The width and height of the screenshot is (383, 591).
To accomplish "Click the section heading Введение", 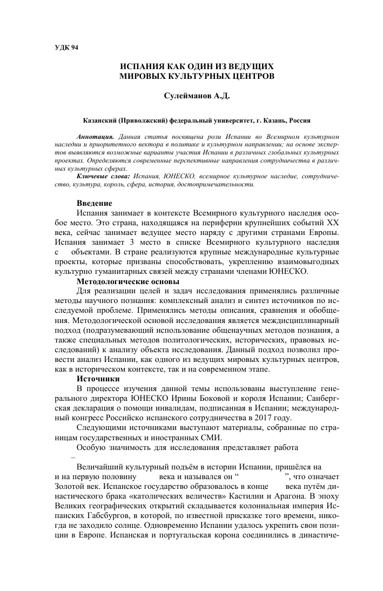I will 95,203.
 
